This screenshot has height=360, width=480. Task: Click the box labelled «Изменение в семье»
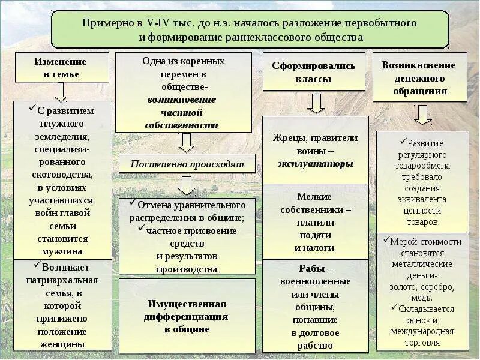[x=61, y=68]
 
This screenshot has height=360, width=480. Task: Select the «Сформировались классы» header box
[x=313, y=72]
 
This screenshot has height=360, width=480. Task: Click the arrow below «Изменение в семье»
[x=60, y=91]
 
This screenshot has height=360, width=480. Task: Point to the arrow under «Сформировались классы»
[x=316, y=103]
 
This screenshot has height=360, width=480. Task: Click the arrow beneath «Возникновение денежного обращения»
[x=422, y=114]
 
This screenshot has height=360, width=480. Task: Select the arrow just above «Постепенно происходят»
[x=187, y=142]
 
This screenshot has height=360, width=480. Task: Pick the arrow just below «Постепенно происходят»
[x=187, y=185]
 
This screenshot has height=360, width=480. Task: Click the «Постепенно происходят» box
[x=187, y=163]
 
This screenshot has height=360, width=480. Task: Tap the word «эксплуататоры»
[x=315, y=163]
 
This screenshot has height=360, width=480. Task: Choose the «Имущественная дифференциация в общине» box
[x=187, y=316]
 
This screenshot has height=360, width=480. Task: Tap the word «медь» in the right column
[x=422, y=298]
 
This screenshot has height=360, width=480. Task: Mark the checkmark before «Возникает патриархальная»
[x=37, y=264]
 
